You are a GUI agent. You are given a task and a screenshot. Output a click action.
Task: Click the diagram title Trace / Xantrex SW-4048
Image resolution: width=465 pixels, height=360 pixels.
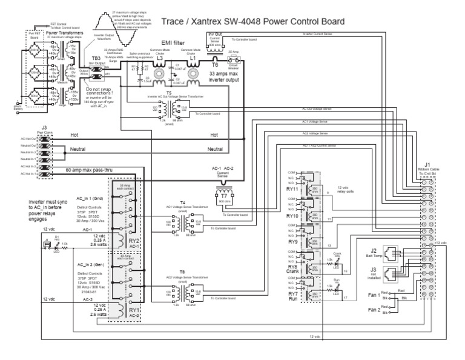point(252,21)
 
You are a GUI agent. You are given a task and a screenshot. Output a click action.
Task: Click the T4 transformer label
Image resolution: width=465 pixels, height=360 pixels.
point(183,202)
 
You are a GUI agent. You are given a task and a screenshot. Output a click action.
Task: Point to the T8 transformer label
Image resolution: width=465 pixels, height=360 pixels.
point(183,272)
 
